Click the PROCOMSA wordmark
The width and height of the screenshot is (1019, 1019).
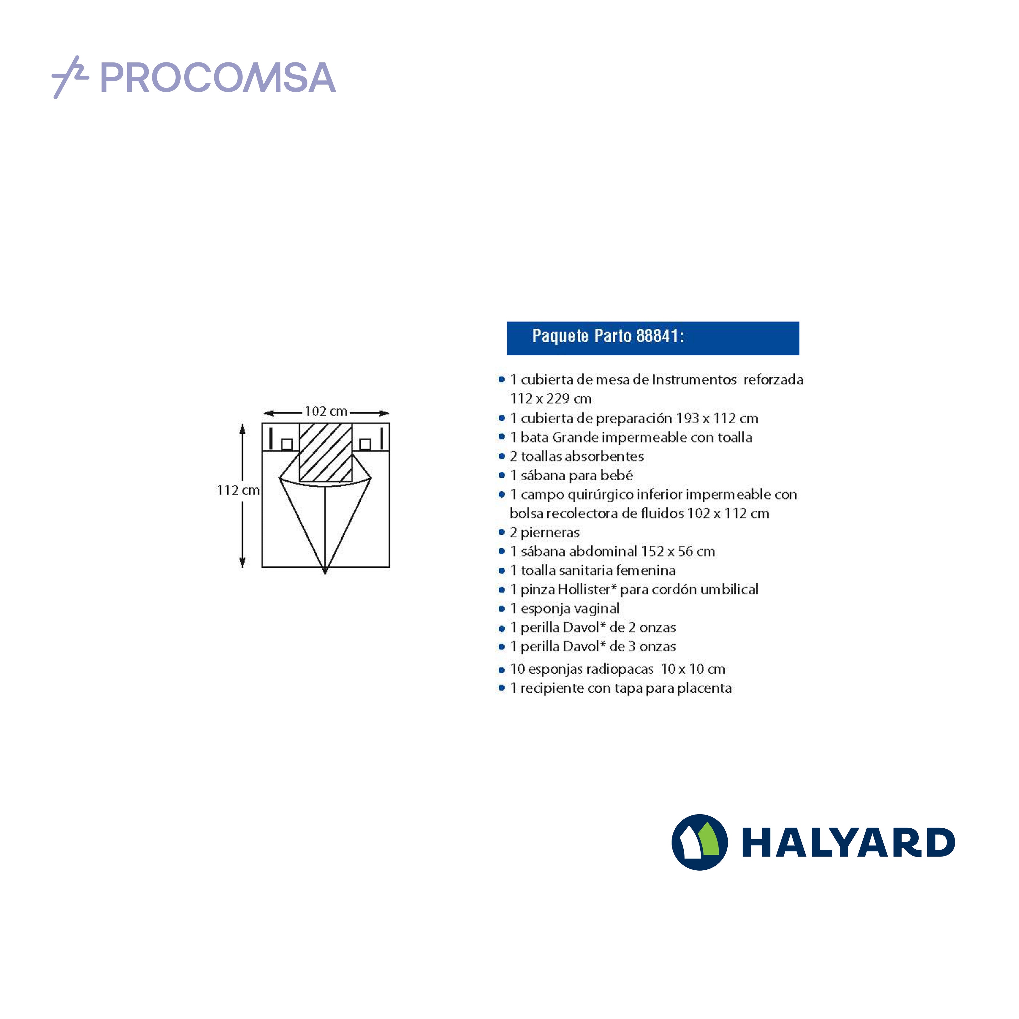[218, 78]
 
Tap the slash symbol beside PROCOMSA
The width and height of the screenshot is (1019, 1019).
[70, 77]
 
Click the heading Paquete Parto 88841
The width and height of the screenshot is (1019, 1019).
[608, 336]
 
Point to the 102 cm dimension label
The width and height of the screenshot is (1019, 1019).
[326, 411]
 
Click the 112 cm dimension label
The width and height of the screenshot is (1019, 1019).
[238, 490]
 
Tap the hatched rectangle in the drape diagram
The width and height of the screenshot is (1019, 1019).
[325, 452]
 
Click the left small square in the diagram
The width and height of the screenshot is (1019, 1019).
[287, 444]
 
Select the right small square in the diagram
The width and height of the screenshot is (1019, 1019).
[365, 444]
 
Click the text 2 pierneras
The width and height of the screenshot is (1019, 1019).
[544, 533]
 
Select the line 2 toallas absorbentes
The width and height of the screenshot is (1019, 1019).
[576, 456]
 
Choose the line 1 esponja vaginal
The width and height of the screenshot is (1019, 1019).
[564, 609]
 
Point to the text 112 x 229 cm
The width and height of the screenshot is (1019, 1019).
[551, 399]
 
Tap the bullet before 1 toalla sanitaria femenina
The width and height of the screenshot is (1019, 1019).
[502, 571]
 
